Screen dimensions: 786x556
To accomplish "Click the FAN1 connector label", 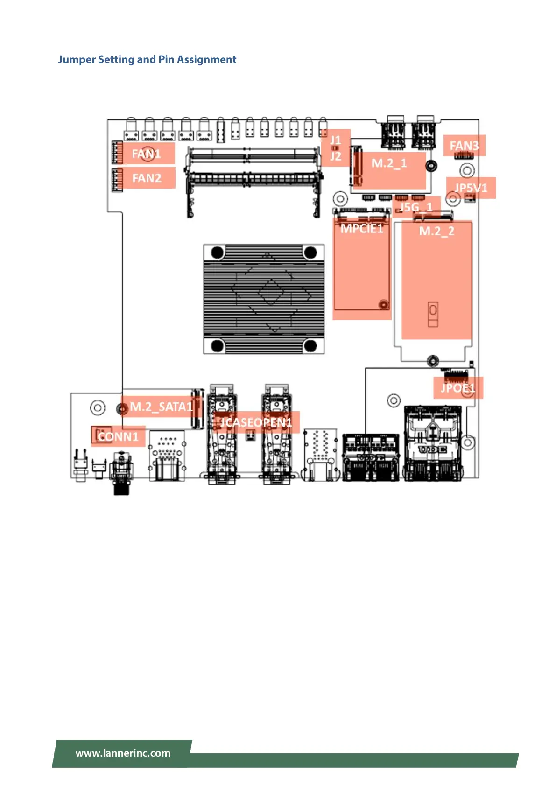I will [146, 154].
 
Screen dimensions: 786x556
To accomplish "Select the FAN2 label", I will [147, 178].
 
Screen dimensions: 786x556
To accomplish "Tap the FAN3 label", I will [464, 146].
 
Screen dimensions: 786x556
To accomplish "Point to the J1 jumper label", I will [336, 140].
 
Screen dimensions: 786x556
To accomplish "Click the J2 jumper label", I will [336, 156].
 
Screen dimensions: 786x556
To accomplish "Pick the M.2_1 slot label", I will [389, 163].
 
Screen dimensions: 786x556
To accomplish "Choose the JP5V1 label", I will [471, 188].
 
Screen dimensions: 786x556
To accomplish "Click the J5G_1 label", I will [416, 207].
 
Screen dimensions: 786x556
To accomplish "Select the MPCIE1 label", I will [362, 228].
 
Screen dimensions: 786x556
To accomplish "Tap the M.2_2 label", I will [436, 231].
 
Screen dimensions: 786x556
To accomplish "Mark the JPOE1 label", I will [457, 388].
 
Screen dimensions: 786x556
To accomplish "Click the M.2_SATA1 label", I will [161, 407].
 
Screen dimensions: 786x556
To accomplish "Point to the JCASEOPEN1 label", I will [256, 422].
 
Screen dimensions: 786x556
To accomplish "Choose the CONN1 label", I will [118, 437].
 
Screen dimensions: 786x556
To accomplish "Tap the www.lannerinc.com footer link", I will [123, 753].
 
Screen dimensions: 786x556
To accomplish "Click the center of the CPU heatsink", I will [264, 299].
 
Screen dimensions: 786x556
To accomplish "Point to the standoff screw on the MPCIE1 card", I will [383, 305].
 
